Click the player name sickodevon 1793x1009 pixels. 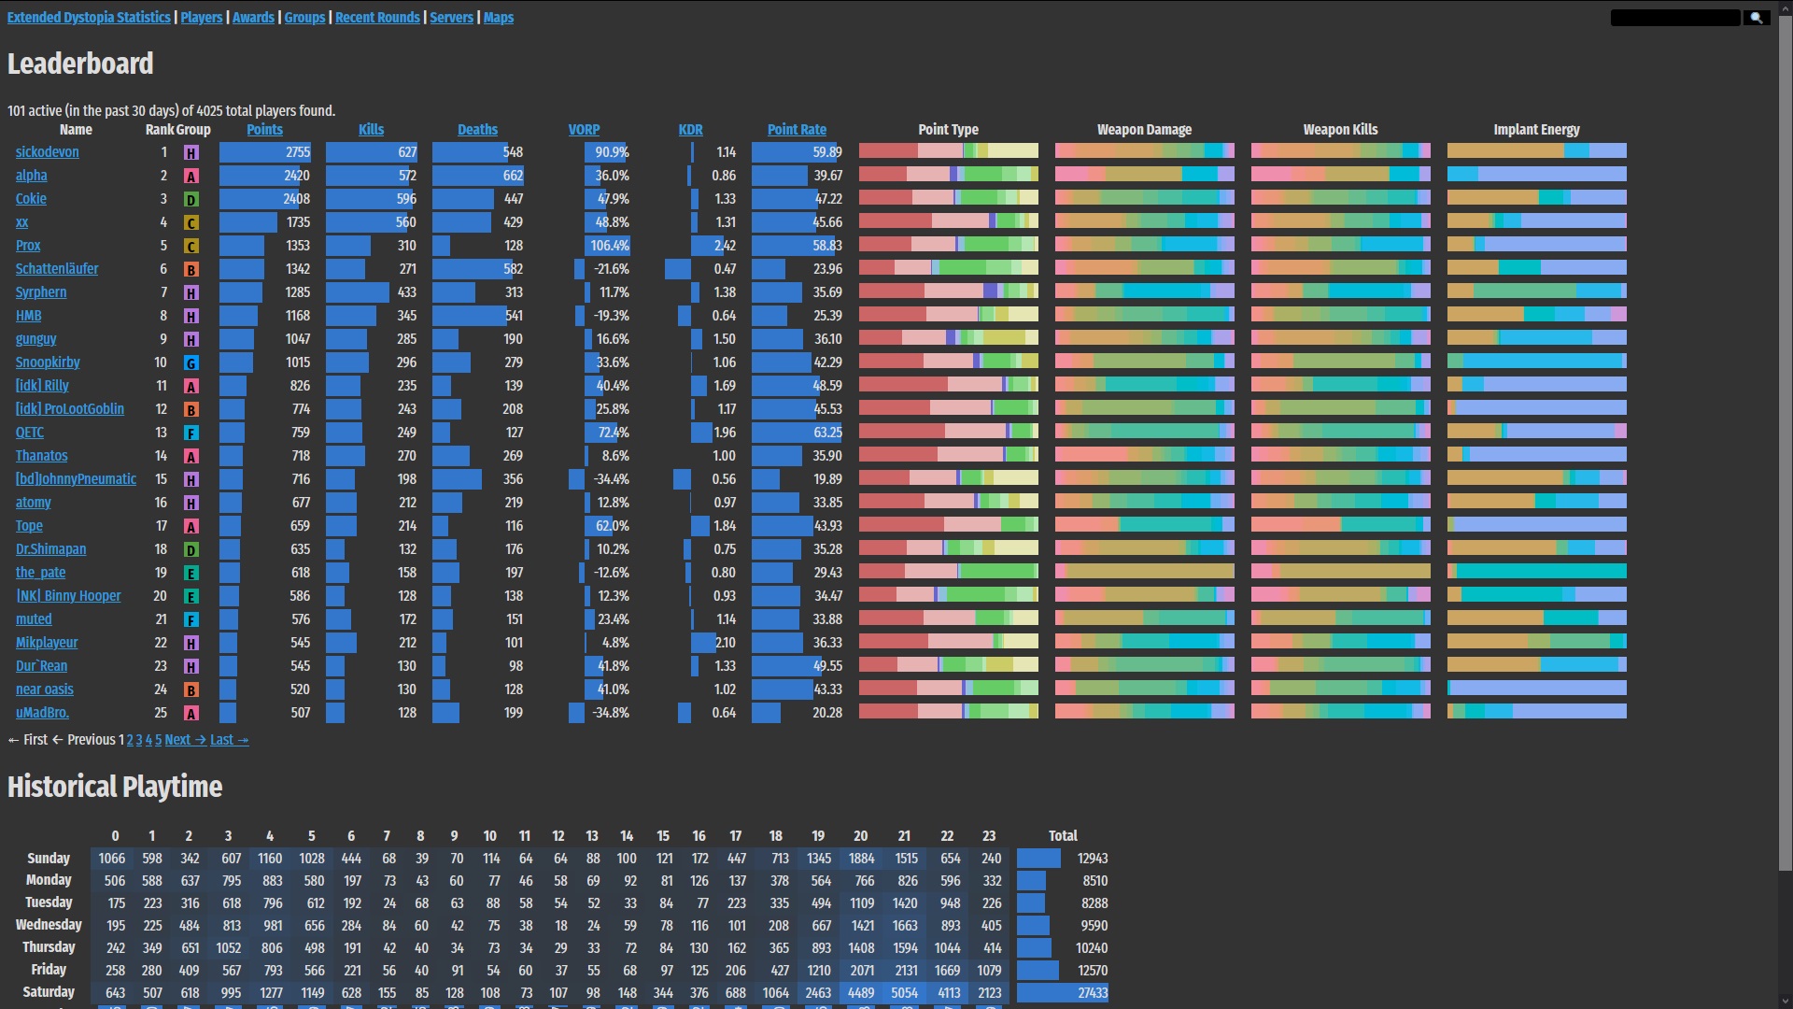(47, 152)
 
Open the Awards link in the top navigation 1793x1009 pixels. (253, 18)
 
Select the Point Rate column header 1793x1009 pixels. (797, 130)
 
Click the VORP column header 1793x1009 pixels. (584, 130)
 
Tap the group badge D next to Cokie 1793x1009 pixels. (191, 199)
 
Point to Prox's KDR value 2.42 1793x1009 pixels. (725, 246)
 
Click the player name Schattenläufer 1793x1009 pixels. (56, 269)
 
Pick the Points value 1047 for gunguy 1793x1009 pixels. (297, 339)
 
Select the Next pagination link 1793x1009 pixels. (184, 740)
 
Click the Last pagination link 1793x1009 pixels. (229, 740)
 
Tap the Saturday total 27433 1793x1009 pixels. (1092, 993)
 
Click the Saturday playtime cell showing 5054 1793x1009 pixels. (904, 993)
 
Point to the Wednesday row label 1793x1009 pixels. (49, 925)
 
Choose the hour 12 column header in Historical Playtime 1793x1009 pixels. (558, 836)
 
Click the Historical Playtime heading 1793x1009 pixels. (115, 788)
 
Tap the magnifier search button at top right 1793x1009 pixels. (1756, 18)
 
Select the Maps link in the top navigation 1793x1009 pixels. (498, 18)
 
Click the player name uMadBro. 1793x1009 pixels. (42, 713)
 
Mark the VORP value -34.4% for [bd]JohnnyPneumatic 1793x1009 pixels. (611, 479)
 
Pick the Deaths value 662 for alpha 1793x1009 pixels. (513, 176)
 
